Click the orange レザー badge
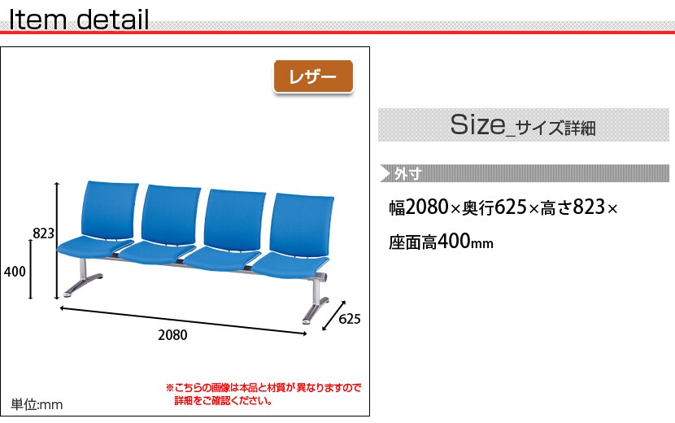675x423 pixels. [313, 76]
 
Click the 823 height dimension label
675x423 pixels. [43, 233]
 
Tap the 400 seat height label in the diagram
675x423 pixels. [15, 272]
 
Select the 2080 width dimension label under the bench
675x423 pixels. [172, 335]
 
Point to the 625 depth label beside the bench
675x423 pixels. [350, 319]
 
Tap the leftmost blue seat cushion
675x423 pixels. [95, 246]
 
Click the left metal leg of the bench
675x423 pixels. [83, 279]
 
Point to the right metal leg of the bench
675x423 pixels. [316, 303]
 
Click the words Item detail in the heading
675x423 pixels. [79, 20]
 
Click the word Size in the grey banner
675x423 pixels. [478, 124]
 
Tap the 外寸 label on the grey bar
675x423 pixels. [407, 173]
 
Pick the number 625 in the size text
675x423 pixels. [511, 207]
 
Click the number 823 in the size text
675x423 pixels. [589, 207]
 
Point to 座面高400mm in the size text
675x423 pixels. [441, 242]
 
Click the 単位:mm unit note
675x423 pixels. [37, 404]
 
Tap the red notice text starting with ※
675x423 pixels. [263, 394]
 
